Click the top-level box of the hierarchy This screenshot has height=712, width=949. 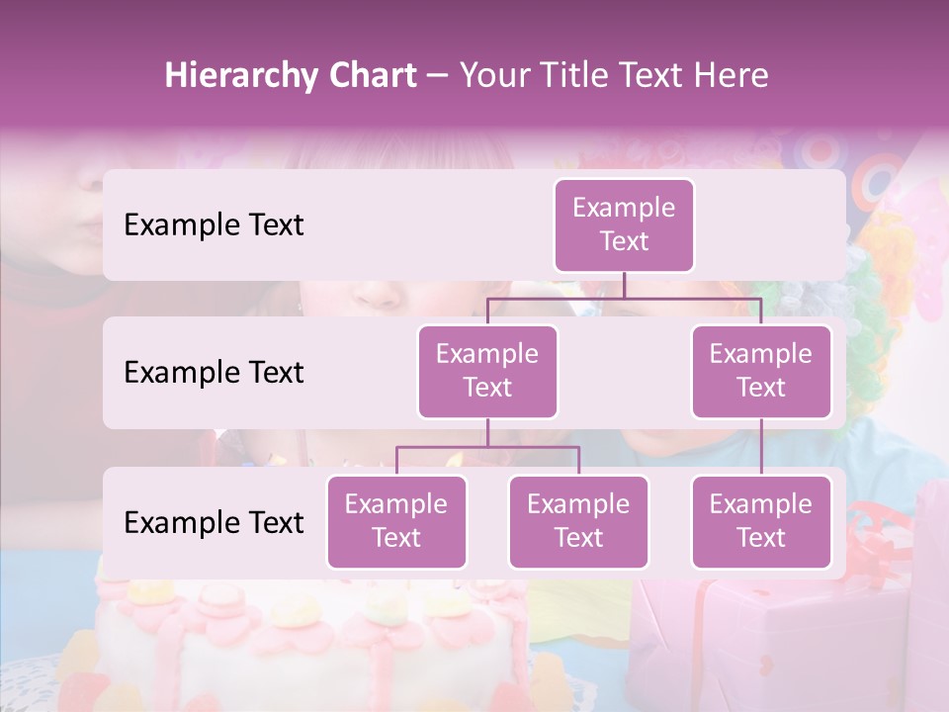tap(624, 225)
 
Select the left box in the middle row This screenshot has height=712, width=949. tap(487, 372)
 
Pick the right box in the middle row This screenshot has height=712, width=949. tap(761, 372)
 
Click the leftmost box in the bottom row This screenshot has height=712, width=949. tap(396, 522)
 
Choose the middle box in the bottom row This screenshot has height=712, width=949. tap(578, 522)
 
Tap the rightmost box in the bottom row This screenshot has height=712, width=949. tap(761, 522)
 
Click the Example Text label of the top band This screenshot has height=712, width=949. tap(214, 225)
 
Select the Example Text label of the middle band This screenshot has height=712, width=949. tap(214, 373)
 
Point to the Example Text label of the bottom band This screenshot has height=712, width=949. tap(214, 523)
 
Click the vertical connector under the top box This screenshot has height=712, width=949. tap(624, 285)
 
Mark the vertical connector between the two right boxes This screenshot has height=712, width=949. tap(761, 447)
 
